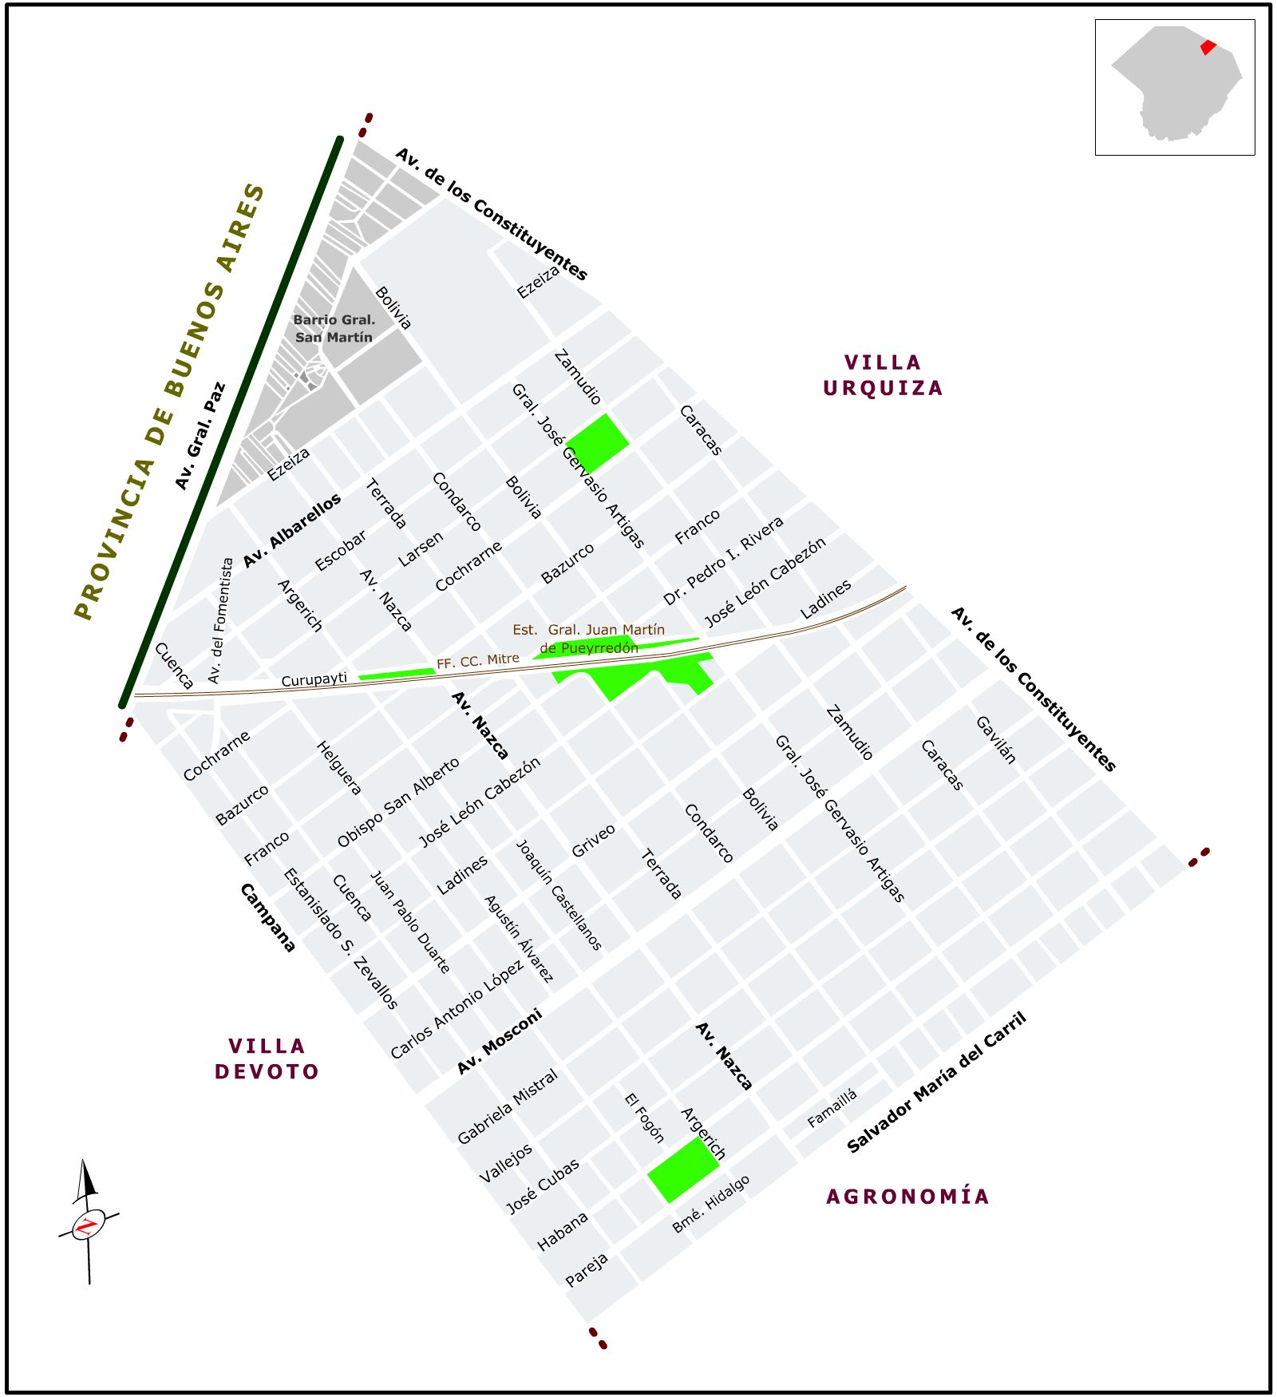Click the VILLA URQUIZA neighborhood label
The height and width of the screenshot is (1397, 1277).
pos(883,375)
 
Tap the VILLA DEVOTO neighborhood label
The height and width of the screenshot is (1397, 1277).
pos(267,1059)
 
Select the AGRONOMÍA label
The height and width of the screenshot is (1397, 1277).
pos(907,1196)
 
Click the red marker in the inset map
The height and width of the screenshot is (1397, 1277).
pos(1208,47)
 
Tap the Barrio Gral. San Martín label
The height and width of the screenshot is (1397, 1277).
pos(334,328)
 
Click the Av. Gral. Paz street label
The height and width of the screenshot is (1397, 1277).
pos(200,436)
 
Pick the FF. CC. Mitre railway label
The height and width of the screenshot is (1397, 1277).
pos(477,661)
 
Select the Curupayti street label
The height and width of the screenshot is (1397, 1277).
pos(314,679)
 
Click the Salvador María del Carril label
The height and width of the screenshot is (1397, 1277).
pos(936,1082)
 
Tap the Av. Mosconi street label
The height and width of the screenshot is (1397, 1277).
pos(500,1041)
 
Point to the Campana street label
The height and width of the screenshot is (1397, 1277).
pos(268,917)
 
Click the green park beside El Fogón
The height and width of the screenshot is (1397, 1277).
pos(683,1169)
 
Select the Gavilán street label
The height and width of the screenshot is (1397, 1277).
pos(996,740)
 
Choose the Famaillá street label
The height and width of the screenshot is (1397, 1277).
pos(832,1108)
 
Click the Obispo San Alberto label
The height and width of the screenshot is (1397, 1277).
pos(398,801)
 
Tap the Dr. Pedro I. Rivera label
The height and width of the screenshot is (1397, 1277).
pos(723,560)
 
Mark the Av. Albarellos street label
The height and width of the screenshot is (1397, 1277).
pos(291,530)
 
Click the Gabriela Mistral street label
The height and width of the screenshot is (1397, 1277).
pos(507,1106)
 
